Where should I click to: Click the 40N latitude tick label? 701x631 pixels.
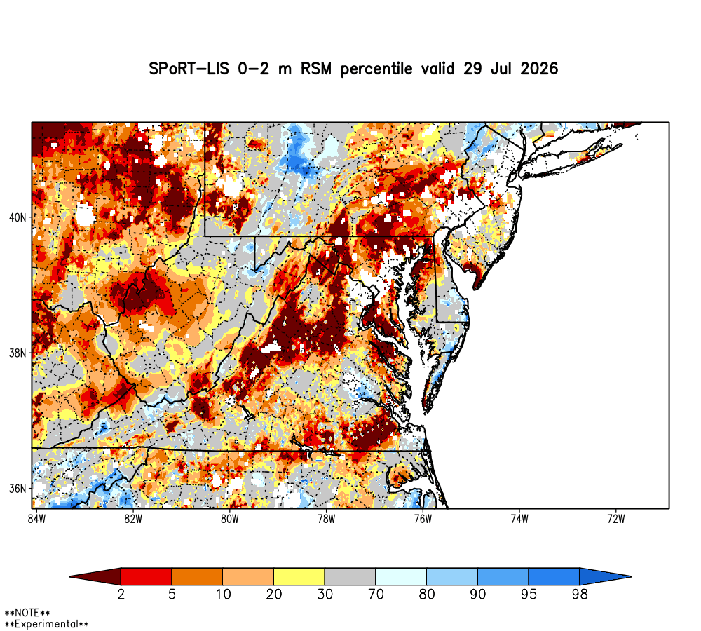18,218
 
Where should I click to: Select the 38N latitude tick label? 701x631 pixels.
18,353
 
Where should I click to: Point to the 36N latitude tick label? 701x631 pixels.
18,489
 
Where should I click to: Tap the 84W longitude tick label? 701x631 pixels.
36,519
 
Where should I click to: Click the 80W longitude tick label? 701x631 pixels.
230,519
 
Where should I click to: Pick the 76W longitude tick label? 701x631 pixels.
423,519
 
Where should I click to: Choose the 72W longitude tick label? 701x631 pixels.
616,519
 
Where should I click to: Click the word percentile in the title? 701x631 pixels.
376,69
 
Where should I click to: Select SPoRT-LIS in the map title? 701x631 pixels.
189,69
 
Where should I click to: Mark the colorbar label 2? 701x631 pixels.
121,595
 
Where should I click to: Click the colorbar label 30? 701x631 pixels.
325,595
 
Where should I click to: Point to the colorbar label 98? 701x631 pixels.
580,595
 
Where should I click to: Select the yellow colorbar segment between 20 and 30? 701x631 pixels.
299,576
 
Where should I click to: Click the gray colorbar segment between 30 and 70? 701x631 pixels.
350,576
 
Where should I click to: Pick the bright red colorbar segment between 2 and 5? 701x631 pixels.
147,576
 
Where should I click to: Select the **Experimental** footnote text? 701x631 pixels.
46,624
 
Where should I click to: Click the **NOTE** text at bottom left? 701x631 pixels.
27,613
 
